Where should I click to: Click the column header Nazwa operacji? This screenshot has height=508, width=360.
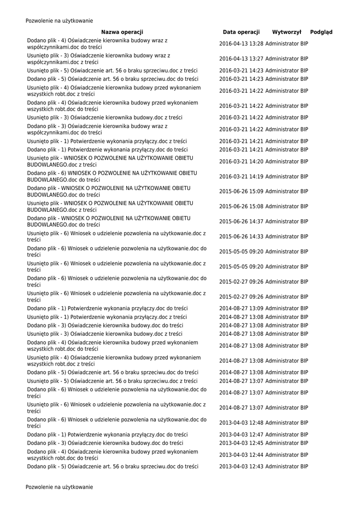click(x=122, y=32)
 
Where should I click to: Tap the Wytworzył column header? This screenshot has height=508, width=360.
click(x=287, y=32)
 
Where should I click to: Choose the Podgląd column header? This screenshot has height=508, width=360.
click(x=321, y=32)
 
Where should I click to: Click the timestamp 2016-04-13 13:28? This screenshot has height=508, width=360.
click(x=241, y=44)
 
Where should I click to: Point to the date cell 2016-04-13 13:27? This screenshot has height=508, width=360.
click(x=241, y=59)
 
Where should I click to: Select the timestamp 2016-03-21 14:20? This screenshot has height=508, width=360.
click(x=241, y=161)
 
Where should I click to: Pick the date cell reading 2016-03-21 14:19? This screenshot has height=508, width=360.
click(x=241, y=176)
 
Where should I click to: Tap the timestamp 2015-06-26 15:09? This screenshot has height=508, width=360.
click(x=241, y=191)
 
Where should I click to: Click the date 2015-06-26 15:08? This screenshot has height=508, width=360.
click(x=241, y=206)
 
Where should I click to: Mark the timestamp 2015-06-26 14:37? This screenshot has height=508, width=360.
click(x=241, y=221)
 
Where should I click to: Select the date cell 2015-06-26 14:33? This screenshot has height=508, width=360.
click(x=241, y=236)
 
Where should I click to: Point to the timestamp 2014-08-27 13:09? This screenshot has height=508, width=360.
click(x=241, y=308)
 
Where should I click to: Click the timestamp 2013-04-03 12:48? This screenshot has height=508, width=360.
click(x=241, y=423)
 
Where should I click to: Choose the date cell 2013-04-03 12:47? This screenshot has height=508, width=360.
click(x=241, y=435)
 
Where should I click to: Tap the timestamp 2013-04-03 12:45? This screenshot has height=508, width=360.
click(x=241, y=443)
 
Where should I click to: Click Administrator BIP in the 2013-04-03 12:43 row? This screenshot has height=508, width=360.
click(x=287, y=467)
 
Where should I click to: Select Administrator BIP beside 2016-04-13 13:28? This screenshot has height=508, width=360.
click(x=287, y=44)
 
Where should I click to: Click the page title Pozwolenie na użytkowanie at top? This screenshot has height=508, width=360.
click(x=59, y=21)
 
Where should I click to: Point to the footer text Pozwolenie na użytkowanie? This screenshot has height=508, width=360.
click(x=59, y=487)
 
